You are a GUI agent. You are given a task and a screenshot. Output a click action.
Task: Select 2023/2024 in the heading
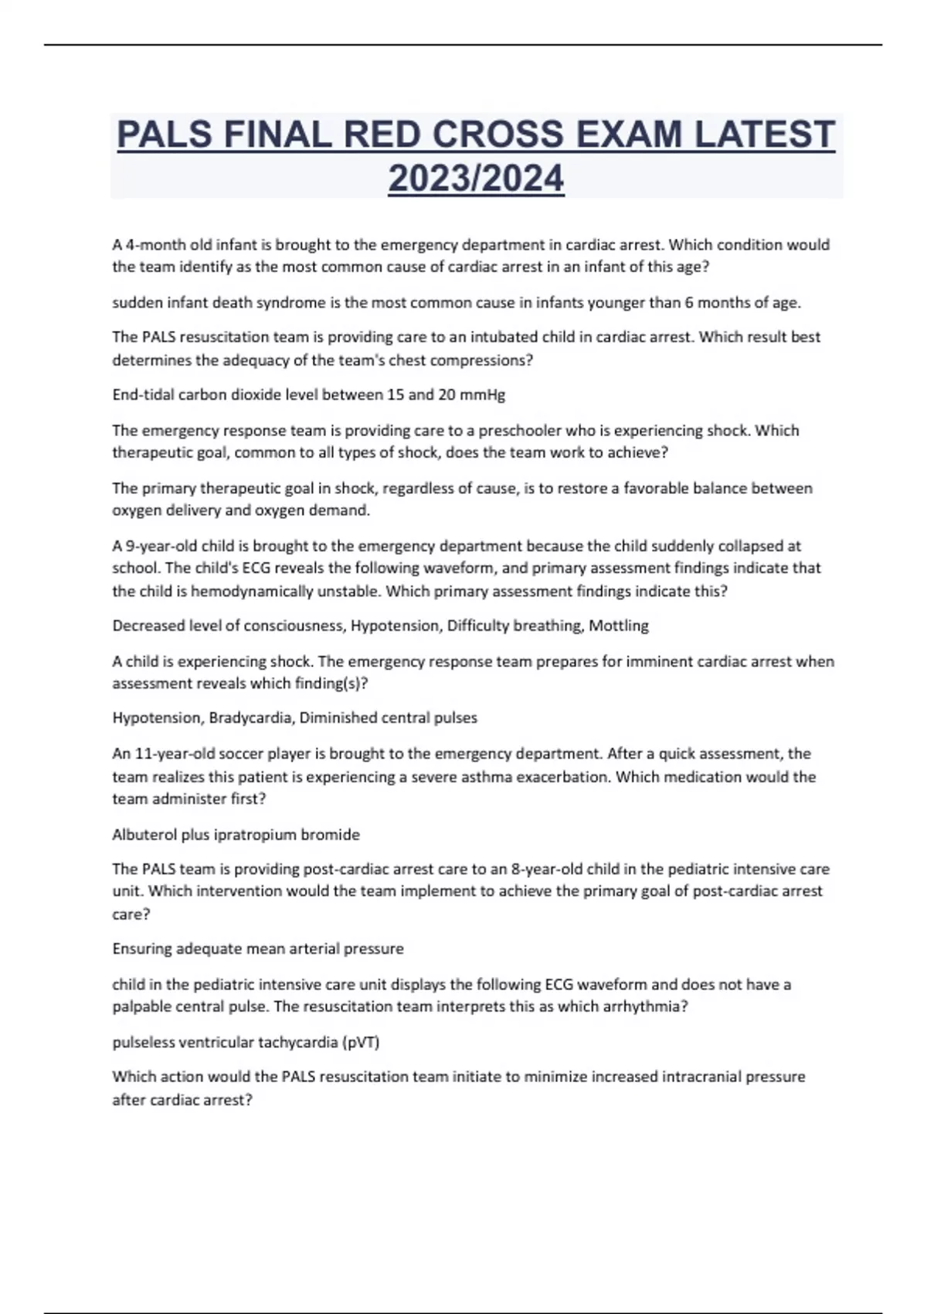click(x=476, y=179)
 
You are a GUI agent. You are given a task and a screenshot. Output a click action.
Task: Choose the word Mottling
click(x=619, y=626)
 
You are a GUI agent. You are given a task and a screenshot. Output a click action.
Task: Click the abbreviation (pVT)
click(x=361, y=1042)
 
